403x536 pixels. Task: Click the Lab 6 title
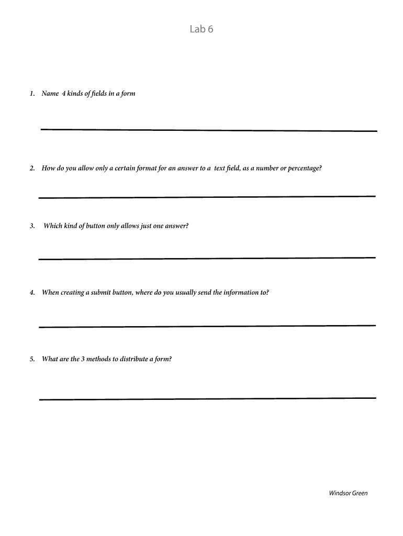tap(201, 29)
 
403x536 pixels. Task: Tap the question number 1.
tap(32, 94)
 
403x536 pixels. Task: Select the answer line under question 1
tap(208, 130)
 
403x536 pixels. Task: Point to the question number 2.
tap(32, 169)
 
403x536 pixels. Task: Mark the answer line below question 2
tap(207, 197)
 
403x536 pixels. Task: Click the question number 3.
tap(32, 226)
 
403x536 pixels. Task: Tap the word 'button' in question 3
tap(95, 226)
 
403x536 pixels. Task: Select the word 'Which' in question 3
tap(53, 226)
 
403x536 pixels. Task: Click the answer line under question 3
tap(207, 259)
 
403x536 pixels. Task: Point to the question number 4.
tap(32, 293)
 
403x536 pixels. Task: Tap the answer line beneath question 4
tap(207, 326)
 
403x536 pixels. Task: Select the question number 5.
tap(32, 359)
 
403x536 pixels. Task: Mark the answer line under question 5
tap(207, 399)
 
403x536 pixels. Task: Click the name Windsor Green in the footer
tap(348, 493)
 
